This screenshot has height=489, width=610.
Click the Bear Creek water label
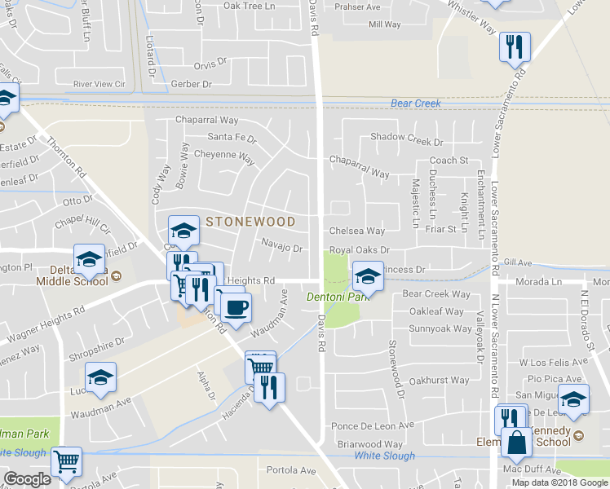point(415,104)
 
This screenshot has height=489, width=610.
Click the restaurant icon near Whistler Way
point(515,46)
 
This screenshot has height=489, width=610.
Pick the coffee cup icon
point(236,307)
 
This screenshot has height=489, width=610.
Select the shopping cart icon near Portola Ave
point(67,462)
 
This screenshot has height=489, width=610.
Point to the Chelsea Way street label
point(356,231)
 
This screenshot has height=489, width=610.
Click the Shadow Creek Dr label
point(406,137)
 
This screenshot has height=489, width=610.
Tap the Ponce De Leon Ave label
point(373,425)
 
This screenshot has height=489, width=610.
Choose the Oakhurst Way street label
point(439,381)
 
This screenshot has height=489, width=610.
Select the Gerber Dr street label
point(192,84)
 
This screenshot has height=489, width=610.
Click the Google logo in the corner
point(28,479)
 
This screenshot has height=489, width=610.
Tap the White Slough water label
point(383,455)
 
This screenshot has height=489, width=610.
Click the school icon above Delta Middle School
point(89,259)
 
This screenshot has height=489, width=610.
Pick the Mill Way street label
point(385,24)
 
